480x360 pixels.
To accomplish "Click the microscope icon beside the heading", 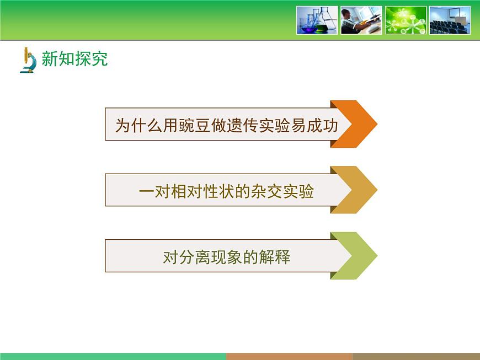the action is (29, 61).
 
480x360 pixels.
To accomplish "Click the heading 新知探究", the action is (74, 59).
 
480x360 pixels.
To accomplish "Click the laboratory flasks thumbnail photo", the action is (317, 20).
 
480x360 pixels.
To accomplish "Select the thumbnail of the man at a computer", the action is (361, 20).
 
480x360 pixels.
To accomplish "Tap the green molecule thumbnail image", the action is (406, 20).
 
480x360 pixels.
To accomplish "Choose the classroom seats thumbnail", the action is (450, 20).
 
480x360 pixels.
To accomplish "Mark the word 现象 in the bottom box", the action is (227, 257).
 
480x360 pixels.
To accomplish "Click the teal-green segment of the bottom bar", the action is (113, 356).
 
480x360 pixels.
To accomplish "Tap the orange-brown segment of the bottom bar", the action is (289, 356).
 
